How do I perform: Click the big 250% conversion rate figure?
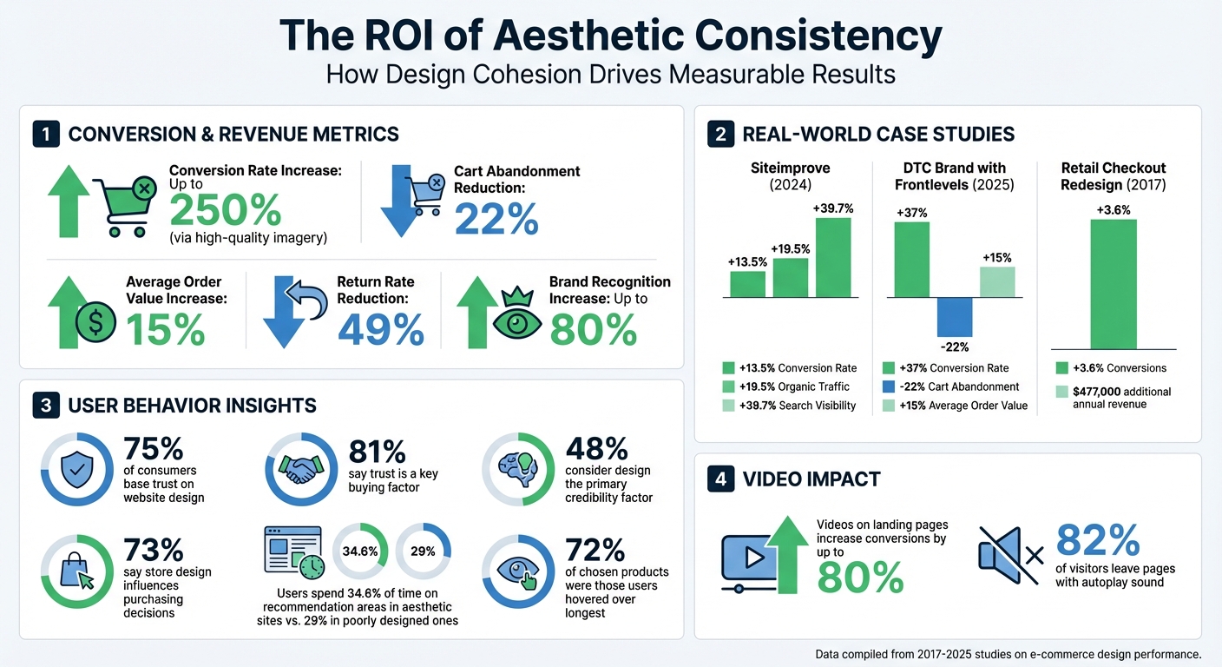coord(225,210)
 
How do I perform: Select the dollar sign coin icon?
coord(95,323)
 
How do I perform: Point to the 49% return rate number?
coord(380,329)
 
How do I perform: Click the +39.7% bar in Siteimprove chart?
coord(832,257)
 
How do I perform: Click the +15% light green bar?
coord(997,282)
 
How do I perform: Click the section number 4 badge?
coord(720,479)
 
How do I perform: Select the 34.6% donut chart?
coord(360,551)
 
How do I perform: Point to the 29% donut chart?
coord(423,551)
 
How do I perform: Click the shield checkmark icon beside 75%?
coord(77,470)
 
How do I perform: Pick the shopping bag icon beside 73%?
coord(77,571)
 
